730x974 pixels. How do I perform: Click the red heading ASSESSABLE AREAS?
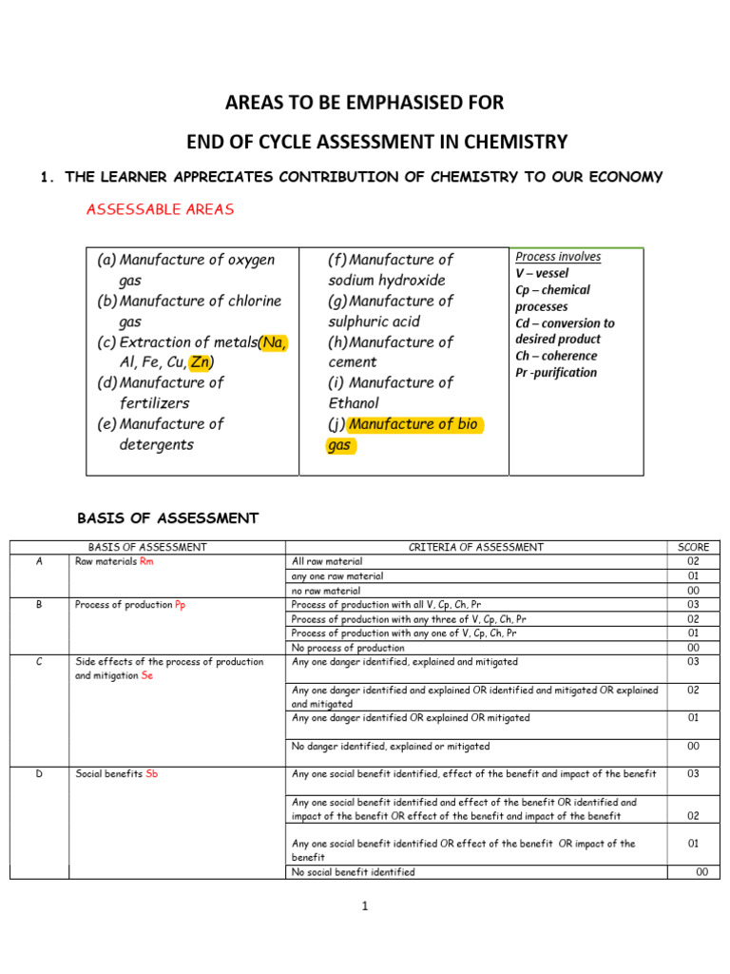[160, 209]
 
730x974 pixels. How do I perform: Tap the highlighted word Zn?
[201, 361]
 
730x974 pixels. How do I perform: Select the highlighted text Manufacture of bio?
[413, 424]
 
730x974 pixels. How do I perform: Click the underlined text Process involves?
[558, 257]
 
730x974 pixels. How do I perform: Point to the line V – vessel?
[542, 273]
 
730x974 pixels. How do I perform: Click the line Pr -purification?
[556, 372]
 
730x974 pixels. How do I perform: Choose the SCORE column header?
[693, 547]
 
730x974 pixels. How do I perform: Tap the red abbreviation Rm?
[145, 561]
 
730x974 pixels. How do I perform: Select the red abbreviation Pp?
[181, 605]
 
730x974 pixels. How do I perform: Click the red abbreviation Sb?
[152, 774]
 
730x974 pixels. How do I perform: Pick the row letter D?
[39, 774]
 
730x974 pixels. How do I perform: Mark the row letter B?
[39, 605]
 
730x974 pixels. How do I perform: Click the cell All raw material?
[327, 561]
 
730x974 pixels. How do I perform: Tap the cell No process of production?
[348, 648]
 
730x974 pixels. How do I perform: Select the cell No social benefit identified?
[354, 872]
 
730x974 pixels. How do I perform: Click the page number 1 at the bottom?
[364, 906]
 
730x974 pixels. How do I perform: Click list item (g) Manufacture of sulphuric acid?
[391, 310]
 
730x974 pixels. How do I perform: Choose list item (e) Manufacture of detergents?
[160, 434]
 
